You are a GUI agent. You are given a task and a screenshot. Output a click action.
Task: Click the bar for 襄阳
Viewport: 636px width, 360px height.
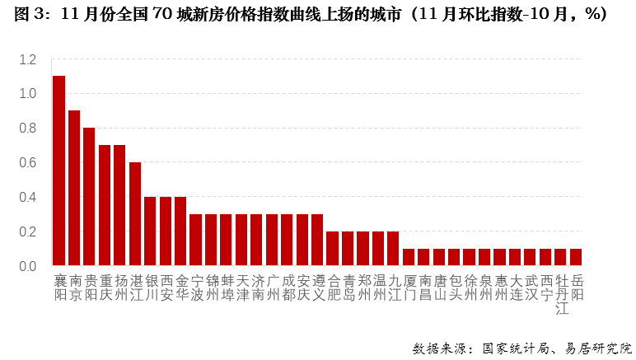[x=58, y=171]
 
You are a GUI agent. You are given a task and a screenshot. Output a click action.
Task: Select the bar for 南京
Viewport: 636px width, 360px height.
[x=74, y=188]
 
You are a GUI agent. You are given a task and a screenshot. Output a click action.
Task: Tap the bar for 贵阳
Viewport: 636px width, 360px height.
[x=89, y=197]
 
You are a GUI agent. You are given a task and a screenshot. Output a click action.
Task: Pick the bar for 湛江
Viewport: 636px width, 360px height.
[x=135, y=214]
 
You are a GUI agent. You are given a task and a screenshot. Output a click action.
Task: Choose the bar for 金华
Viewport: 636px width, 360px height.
[x=180, y=231]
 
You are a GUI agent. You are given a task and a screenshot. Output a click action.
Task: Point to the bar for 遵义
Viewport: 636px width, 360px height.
[x=317, y=240]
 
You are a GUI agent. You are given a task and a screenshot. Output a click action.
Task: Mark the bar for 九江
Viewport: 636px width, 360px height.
[x=393, y=249]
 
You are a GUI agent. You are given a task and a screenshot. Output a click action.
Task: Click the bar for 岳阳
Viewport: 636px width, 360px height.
[x=576, y=257]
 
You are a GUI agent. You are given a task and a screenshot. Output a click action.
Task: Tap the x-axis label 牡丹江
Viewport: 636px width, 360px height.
[x=561, y=294]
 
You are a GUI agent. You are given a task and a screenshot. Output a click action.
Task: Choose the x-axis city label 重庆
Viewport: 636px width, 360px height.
[x=105, y=287]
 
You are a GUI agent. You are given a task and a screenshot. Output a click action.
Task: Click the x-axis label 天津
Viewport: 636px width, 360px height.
[x=241, y=287]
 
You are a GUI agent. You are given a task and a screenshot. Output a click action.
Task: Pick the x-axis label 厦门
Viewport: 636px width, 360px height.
[x=409, y=287]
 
